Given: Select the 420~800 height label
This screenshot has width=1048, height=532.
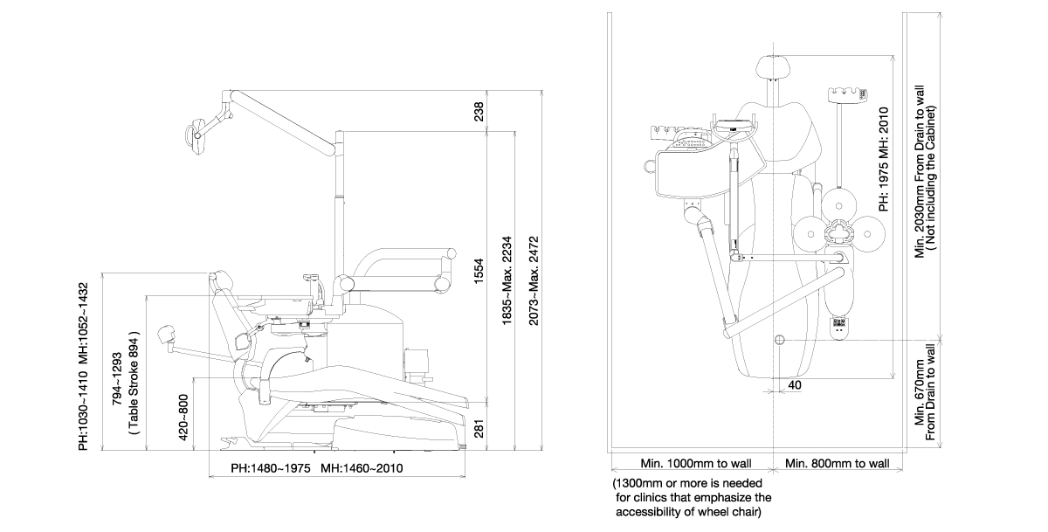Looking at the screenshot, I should tap(183, 416).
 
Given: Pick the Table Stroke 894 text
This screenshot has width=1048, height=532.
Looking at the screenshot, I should tap(134, 382).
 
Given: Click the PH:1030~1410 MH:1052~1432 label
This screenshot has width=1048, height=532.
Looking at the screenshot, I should tap(84, 366).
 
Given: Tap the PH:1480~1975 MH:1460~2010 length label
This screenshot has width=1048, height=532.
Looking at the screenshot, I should tap(316, 468).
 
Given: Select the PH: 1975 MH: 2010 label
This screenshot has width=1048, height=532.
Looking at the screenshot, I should tap(884, 158).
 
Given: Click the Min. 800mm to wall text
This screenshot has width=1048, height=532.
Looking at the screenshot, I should tap(837, 463).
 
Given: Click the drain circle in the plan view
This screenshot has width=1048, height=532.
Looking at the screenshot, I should tap(780, 338).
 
